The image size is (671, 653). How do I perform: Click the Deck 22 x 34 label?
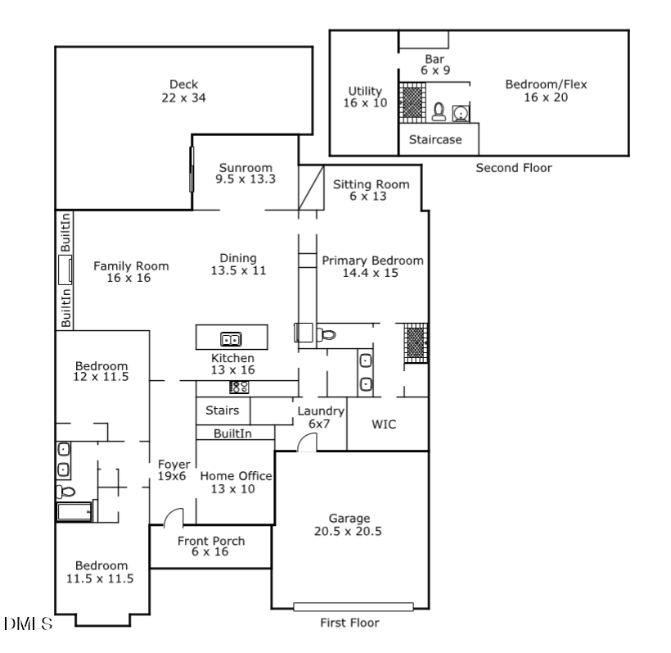[x=183, y=91]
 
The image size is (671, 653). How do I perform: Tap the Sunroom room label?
[x=245, y=173]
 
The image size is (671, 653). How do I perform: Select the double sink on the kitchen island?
[x=231, y=338]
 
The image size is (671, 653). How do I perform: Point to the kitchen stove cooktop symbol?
[x=239, y=388]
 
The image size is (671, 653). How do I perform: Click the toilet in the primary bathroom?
[x=326, y=333]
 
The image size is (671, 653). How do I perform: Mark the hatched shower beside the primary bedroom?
[x=415, y=342]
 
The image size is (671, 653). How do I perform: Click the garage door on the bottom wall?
[x=349, y=607]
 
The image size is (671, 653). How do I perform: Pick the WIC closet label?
[x=385, y=425]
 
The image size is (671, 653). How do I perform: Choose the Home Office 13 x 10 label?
[x=236, y=483]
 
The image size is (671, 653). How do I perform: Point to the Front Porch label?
[x=211, y=546]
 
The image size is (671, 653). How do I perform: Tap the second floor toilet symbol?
[x=439, y=111]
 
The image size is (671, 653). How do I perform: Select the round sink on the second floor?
[x=460, y=111]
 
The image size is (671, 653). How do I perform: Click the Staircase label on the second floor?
[x=435, y=140]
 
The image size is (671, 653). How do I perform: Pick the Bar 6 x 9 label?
[x=435, y=65]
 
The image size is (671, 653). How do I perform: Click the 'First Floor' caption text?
[x=349, y=623]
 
